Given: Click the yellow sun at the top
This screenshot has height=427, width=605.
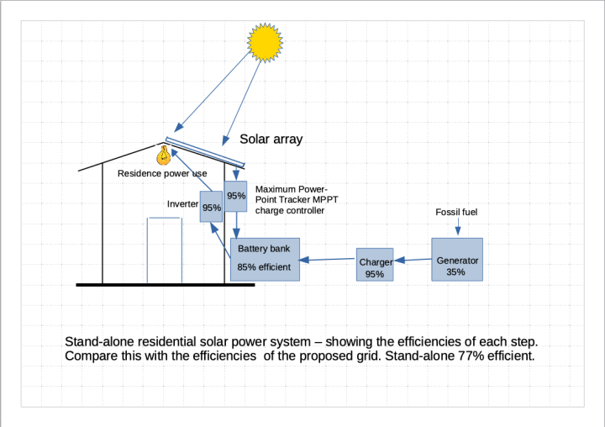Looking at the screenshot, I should coord(264,42).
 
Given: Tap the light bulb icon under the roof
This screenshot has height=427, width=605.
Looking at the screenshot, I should coord(164,155).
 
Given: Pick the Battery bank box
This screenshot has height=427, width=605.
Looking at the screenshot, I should coord(265,259).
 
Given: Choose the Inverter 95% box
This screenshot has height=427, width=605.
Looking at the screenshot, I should coord(211,206).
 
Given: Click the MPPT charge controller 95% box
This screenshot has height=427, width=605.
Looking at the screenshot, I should coord(235,195).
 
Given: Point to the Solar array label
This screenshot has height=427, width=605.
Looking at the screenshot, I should coord(271,140).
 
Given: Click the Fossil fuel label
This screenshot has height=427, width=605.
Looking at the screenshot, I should coord(456,213).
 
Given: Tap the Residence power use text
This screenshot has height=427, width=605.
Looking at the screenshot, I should coord(162,174).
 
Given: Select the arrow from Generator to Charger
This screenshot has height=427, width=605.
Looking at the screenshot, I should coord(412,261).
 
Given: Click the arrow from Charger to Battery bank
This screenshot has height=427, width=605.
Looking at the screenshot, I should coord(328,260).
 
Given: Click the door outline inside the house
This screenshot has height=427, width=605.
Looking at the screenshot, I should coord(165,250).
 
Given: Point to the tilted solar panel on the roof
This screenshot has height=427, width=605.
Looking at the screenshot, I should coord(205,151).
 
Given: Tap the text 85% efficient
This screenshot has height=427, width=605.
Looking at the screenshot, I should coord(264,267).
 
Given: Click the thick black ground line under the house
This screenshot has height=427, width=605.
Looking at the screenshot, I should coord(165,285).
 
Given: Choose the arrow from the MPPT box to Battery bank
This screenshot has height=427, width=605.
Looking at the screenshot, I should coord(236,224).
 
